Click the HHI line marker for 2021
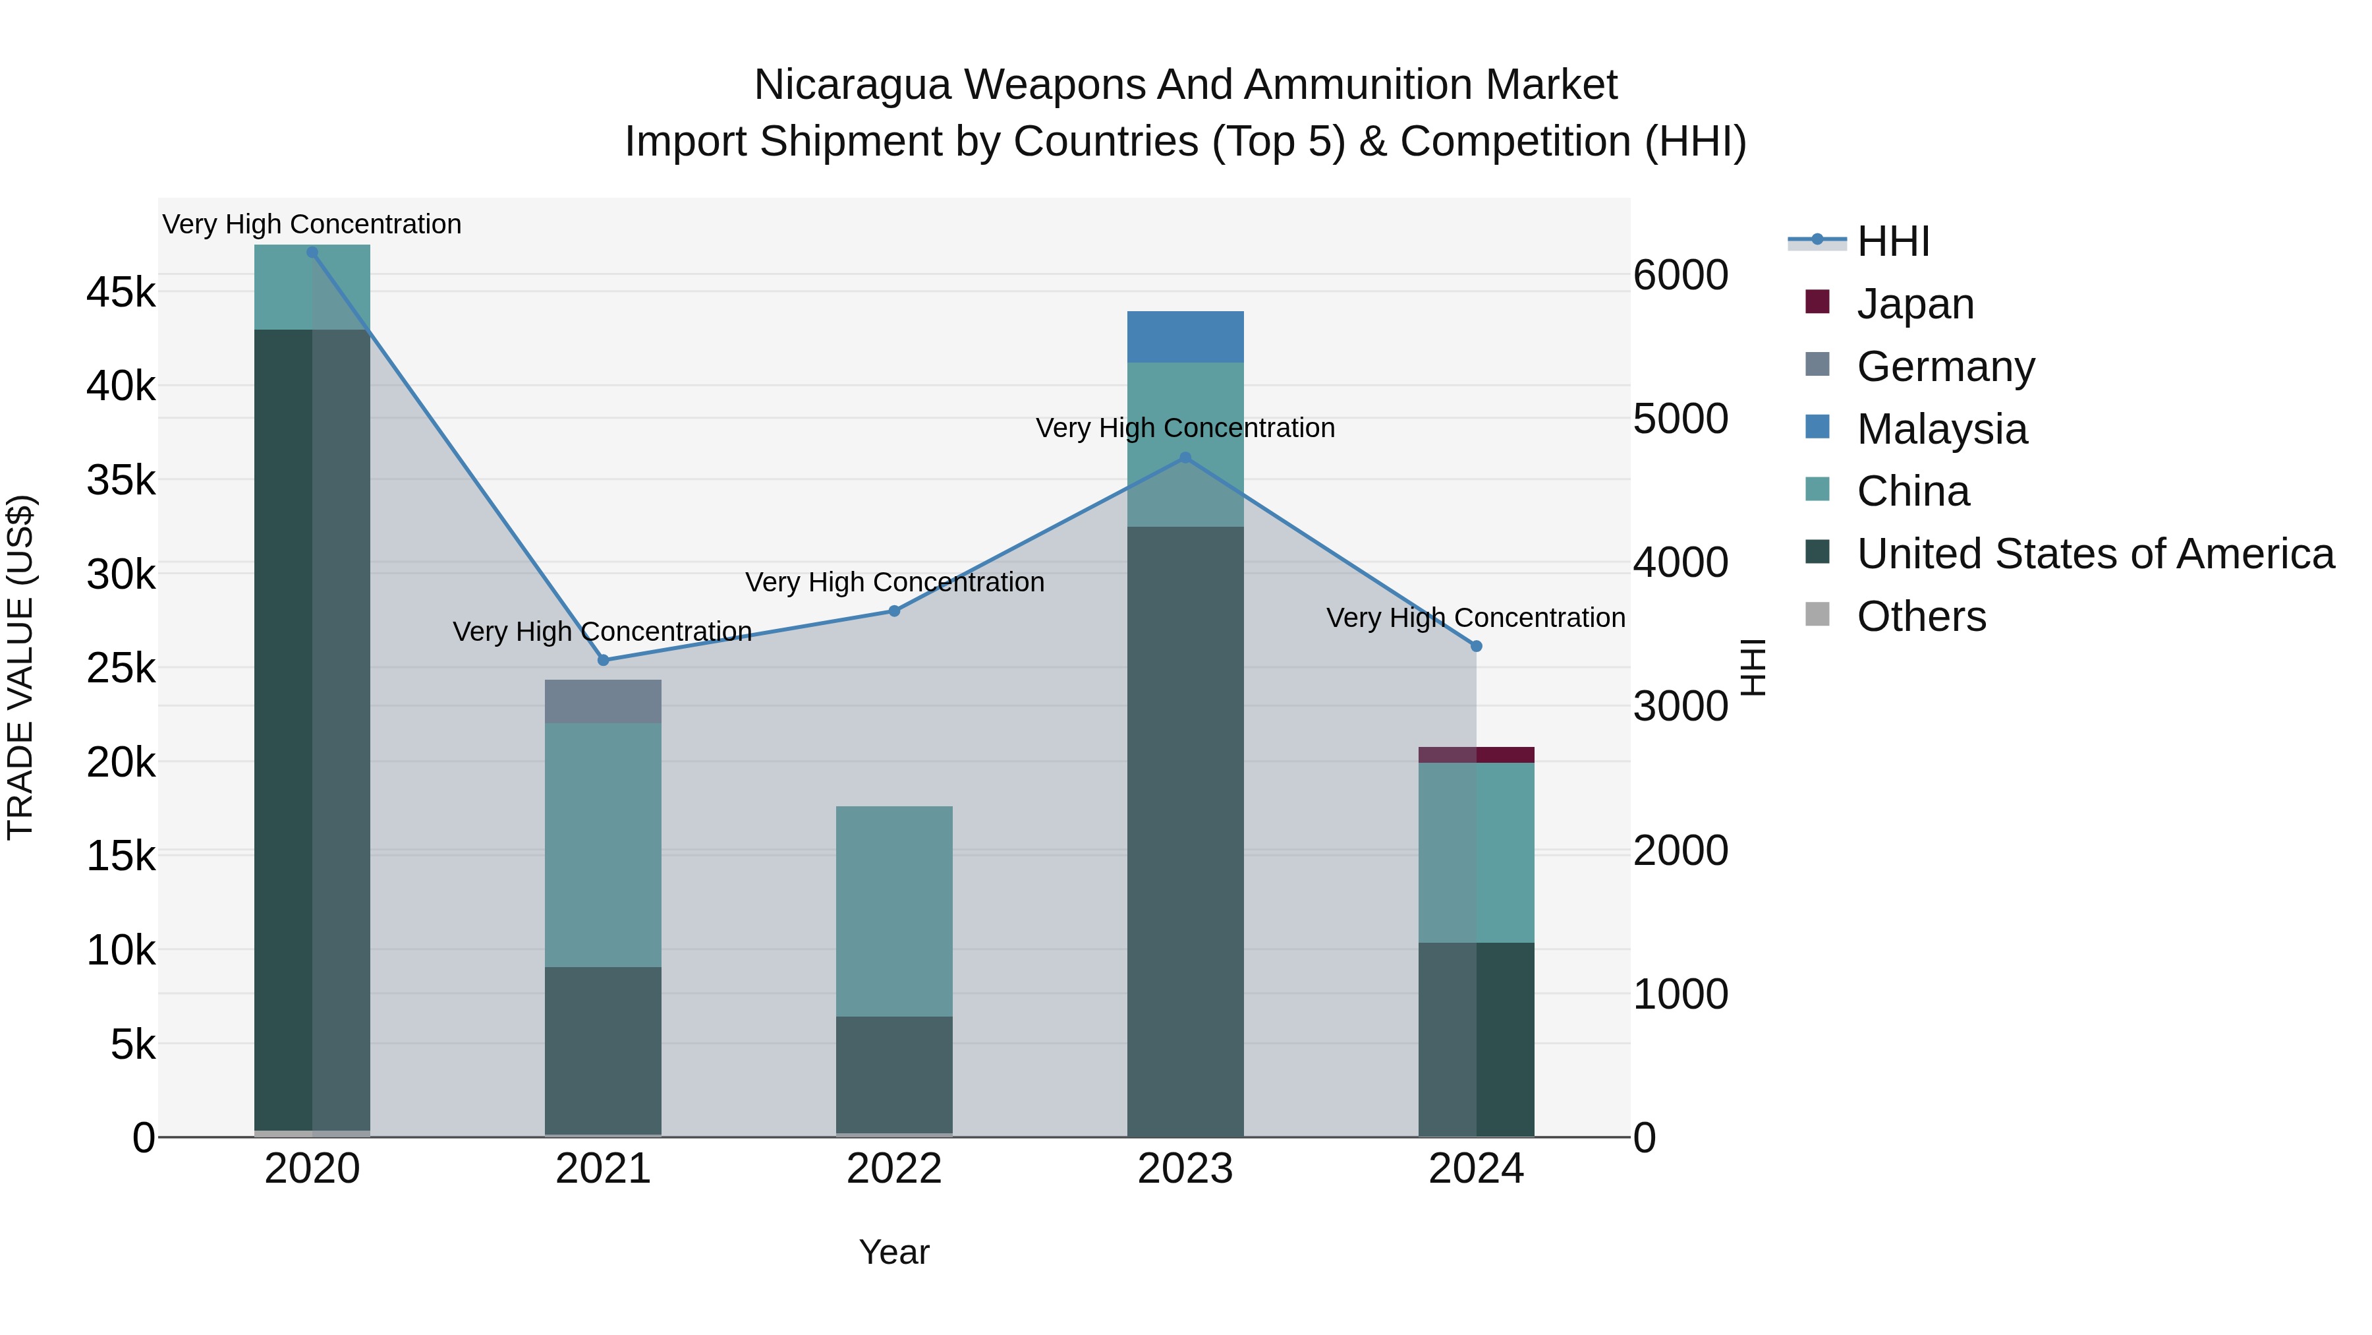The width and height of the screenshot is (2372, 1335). click(x=603, y=660)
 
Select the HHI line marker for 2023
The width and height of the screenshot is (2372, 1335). click(x=1185, y=457)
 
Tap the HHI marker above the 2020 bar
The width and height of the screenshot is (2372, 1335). click(x=312, y=252)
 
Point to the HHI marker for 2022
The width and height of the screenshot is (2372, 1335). click(x=894, y=611)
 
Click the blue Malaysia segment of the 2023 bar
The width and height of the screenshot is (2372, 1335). click(x=1185, y=336)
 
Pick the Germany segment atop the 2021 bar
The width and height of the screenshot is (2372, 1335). click(x=603, y=701)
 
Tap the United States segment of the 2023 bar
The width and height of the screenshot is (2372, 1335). click(x=1185, y=829)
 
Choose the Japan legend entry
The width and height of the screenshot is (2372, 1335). click(x=1914, y=303)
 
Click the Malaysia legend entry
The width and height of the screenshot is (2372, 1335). click(x=1941, y=429)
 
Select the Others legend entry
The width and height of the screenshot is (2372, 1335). click(x=1921, y=616)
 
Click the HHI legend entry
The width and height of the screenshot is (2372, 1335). click(x=1892, y=241)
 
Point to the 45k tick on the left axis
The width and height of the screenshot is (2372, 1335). click(x=121, y=293)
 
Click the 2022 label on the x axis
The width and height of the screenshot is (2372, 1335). click(x=894, y=1168)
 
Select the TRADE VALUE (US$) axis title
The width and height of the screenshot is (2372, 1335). click(x=20, y=667)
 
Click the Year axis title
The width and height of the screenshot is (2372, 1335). click(x=894, y=1252)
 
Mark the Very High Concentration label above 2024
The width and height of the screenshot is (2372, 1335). click(x=1475, y=617)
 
